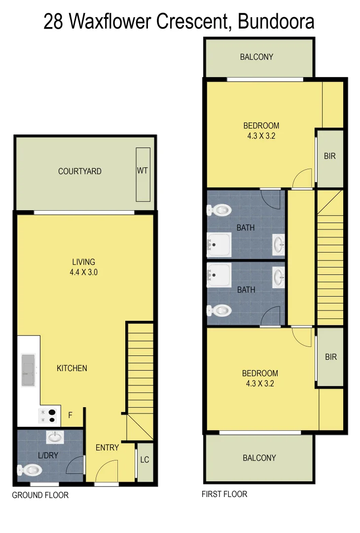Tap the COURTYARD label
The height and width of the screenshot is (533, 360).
tap(80, 171)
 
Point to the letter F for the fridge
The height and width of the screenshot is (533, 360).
tap(70, 416)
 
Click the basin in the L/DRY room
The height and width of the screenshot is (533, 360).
tap(55, 436)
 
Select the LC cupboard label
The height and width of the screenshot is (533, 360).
tap(144, 460)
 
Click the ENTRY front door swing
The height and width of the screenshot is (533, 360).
tap(107, 471)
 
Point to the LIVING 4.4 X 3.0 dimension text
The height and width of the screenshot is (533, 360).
tap(83, 271)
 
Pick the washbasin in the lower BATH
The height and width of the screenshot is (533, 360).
tap(278, 276)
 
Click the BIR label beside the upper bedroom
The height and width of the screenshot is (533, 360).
tap(330, 156)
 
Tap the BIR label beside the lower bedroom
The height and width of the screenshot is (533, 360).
tap(331, 356)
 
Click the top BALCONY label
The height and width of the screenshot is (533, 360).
tap(256, 57)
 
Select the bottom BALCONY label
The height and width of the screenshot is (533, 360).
tap(259, 458)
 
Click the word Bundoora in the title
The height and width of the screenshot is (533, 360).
tap(276, 22)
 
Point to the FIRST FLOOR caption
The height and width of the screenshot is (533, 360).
tap(224, 494)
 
